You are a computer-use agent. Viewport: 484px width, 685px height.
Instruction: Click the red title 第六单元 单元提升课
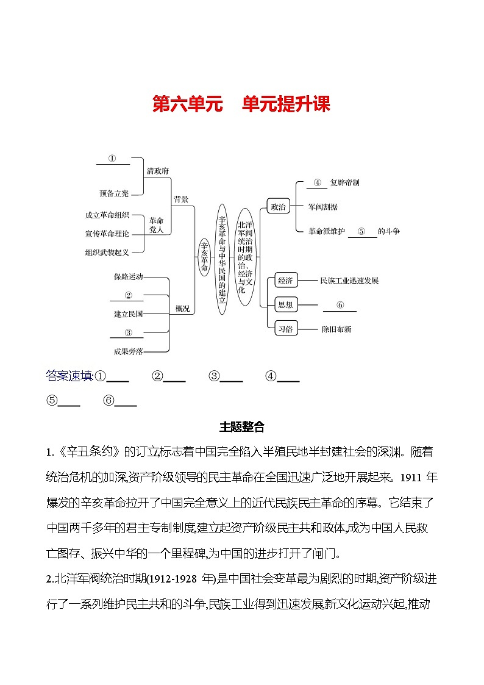(241, 104)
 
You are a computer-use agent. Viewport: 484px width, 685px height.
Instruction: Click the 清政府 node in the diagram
(157, 171)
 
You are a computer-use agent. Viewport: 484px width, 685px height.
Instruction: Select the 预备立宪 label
(114, 193)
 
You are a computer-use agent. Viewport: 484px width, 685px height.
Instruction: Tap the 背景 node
(181, 199)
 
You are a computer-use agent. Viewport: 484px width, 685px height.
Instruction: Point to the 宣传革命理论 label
(107, 234)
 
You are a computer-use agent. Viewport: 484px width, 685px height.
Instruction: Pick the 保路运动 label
(128, 276)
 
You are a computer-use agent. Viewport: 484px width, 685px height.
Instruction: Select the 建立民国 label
(128, 314)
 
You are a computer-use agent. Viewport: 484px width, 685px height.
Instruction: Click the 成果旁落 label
(128, 351)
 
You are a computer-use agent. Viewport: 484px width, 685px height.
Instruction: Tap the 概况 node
(182, 309)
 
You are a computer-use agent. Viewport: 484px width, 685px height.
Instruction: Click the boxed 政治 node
(278, 207)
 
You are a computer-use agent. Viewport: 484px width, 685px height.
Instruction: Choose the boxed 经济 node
(285, 281)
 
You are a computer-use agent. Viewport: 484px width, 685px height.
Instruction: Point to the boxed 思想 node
(285, 305)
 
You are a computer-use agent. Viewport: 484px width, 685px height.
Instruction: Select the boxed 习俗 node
(285, 329)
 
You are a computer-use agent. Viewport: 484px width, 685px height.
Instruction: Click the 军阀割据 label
(323, 207)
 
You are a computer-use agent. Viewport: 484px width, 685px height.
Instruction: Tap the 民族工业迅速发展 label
(349, 281)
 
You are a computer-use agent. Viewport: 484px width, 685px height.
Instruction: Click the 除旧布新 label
(336, 329)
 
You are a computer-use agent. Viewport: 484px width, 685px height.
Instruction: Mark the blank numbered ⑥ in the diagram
(340, 305)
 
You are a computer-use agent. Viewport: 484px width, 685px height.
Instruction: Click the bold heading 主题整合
(241, 427)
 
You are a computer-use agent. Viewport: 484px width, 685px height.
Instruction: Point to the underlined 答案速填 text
(69, 376)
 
